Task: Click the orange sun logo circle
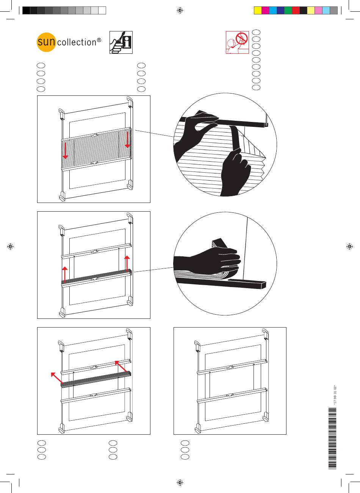[x=46, y=42]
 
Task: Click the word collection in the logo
[x=76, y=42]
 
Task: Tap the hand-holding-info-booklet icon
[x=121, y=42]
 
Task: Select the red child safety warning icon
[x=237, y=42]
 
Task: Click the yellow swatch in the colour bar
[x=258, y=11]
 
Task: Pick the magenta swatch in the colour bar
[x=265, y=11]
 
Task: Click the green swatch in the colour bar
[x=288, y=11]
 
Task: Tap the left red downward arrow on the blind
[x=66, y=150]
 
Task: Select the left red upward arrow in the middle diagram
[x=66, y=274]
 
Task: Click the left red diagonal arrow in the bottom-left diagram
[x=56, y=378]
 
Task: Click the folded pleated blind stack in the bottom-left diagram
[x=96, y=380]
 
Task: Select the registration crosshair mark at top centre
[x=180, y=11]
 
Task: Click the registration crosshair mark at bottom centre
[x=180, y=482]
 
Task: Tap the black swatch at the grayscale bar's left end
[x=26, y=11]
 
